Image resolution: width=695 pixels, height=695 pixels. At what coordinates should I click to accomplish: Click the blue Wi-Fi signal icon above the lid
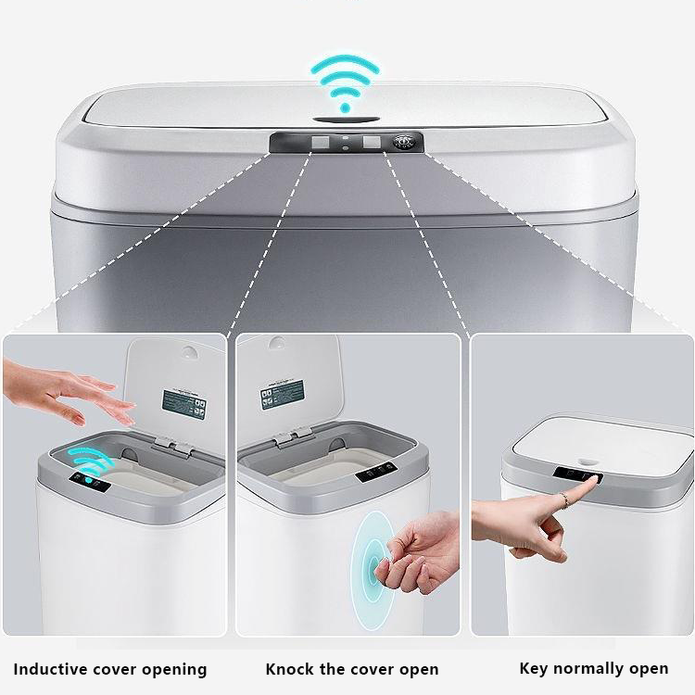point(346,82)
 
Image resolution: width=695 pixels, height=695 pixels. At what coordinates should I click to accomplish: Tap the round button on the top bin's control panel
point(403,142)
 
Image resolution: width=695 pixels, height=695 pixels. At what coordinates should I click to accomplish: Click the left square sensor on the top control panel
point(320,143)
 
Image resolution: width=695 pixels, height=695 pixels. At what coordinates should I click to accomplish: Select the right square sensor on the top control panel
point(373,143)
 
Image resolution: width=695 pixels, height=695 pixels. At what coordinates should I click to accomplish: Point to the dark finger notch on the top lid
point(347,119)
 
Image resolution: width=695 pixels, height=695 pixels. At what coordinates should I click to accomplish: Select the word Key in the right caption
point(534,667)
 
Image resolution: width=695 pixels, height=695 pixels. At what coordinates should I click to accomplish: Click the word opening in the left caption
point(176,669)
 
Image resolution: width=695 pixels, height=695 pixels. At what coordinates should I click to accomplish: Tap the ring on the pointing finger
point(564,499)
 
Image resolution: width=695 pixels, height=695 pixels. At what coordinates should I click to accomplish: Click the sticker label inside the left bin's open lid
point(183,402)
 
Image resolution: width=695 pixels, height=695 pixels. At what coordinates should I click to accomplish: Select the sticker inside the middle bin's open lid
point(284,396)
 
